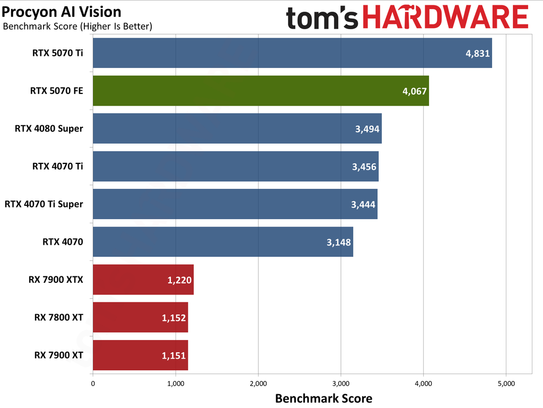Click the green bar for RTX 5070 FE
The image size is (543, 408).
pyautogui.click(x=260, y=91)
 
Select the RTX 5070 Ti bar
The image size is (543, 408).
pyautogui.click(x=292, y=53)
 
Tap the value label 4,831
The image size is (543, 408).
pyautogui.click(x=477, y=53)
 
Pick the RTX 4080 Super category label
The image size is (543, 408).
pyautogui.click(x=49, y=128)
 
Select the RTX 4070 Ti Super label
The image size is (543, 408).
pyautogui.click(x=43, y=204)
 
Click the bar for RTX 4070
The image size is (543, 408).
pyautogui.click(x=223, y=242)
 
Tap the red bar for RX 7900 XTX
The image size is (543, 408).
pyautogui.click(x=143, y=280)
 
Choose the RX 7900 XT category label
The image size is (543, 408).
pyautogui.click(x=56, y=355)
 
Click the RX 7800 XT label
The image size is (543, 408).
pyautogui.click(x=56, y=317)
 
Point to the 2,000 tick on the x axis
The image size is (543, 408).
pyautogui.click(x=258, y=383)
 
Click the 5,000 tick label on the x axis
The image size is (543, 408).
pyautogui.click(x=505, y=383)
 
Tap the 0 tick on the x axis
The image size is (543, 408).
pyautogui.click(x=93, y=383)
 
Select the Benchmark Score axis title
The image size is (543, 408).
pyautogui.click(x=323, y=398)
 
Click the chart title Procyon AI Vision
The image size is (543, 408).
pyautogui.click(x=62, y=12)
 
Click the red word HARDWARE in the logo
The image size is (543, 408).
pyautogui.click(x=446, y=18)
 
